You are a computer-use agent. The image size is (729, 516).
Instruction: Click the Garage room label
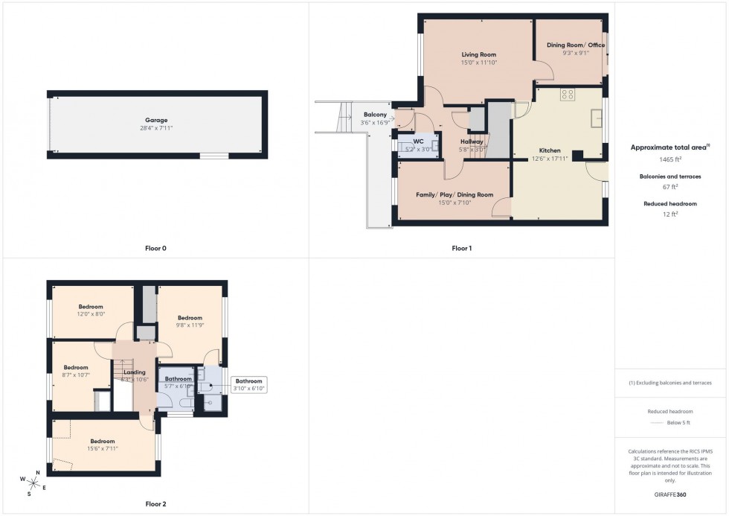(156, 120)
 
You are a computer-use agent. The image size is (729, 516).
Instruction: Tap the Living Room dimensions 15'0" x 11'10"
(478, 63)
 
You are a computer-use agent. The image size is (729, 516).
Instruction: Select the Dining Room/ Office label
(576, 45)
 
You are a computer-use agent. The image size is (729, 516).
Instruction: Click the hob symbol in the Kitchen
(568, 95)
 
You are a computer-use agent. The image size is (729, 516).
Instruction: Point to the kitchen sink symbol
(597, 117)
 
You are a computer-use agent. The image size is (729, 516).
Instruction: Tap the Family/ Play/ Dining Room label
(455, 194)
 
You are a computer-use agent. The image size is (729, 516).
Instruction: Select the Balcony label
(375, 114)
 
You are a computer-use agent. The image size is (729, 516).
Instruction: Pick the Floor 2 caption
(155, 504)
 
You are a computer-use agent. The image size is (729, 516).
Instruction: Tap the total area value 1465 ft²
(671, 159)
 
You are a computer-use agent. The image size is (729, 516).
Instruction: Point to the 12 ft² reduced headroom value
(671, 214)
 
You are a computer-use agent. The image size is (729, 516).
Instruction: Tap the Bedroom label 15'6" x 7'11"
(103, 445)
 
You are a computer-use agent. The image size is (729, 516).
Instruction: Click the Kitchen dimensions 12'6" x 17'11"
(550, 159)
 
